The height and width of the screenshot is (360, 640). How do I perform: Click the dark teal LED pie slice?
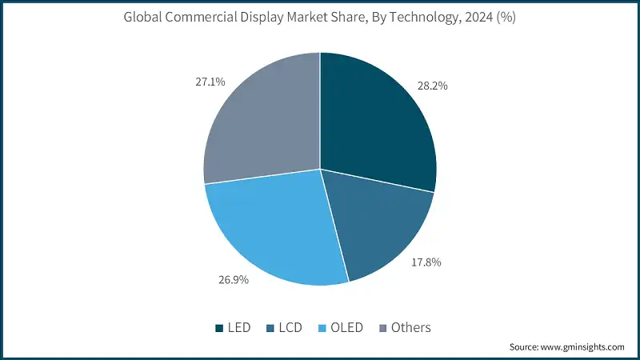(372, 120)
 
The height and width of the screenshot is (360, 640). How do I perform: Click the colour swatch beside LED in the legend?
(219, 328)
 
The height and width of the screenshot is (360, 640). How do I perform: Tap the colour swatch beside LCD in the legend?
(270, 328)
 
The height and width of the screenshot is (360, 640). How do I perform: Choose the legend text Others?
(410, 328)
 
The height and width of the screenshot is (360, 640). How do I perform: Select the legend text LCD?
(292, 328)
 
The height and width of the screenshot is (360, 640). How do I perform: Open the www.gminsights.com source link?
(582, 347)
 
